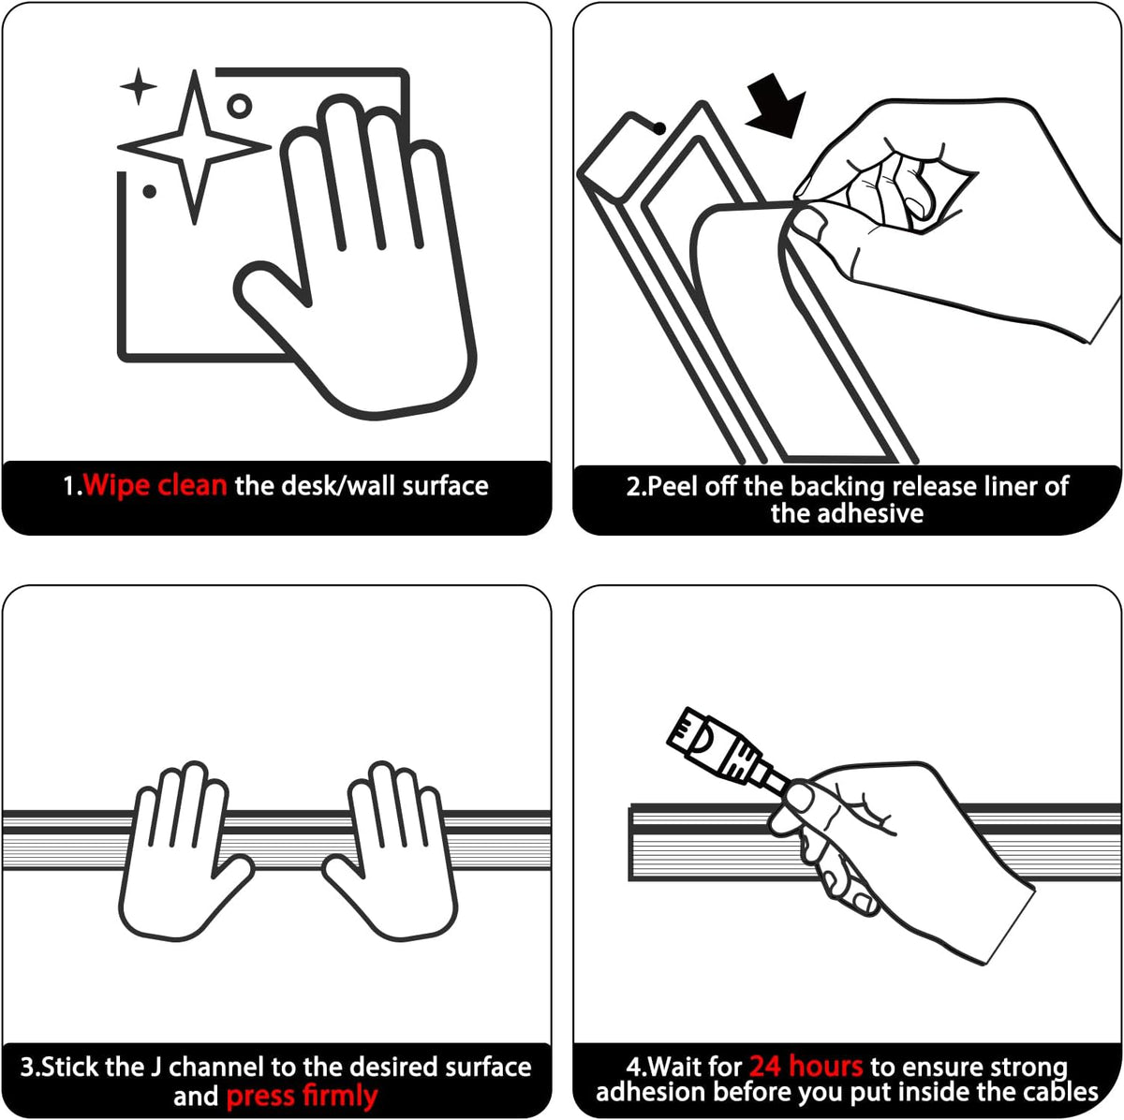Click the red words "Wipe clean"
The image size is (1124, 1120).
pyautogui.click(x=155, y=486)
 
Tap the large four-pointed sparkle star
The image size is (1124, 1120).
pyautogui.click(x=194, y=146)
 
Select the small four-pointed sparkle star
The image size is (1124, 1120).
pyautogui.click(x=139, y=86)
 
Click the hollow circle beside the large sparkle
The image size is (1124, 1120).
pyautogui.click(x=239, y=106)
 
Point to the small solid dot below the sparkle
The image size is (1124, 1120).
pyautogui.click(x=149, y=191)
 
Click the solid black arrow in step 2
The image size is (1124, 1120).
pyautogui.click(x=776, y=106)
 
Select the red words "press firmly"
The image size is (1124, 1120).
pyautogui.click(x=302, y=1096)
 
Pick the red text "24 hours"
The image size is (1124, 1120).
pyautogui.click(x=806, y=1067)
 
